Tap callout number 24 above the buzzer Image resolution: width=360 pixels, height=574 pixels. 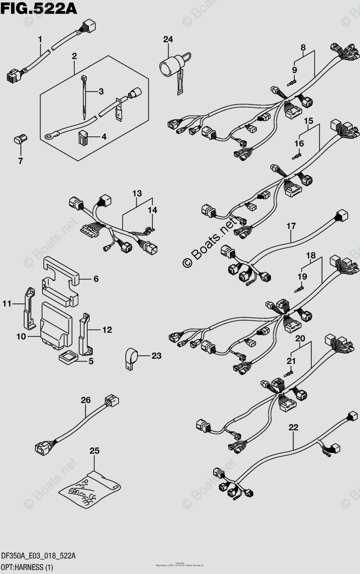click(168, 40)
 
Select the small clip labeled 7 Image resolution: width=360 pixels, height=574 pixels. click(20, 140)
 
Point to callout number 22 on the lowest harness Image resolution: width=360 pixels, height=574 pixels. click(293, 428)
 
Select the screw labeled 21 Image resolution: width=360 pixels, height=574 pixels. click(289, 374)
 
